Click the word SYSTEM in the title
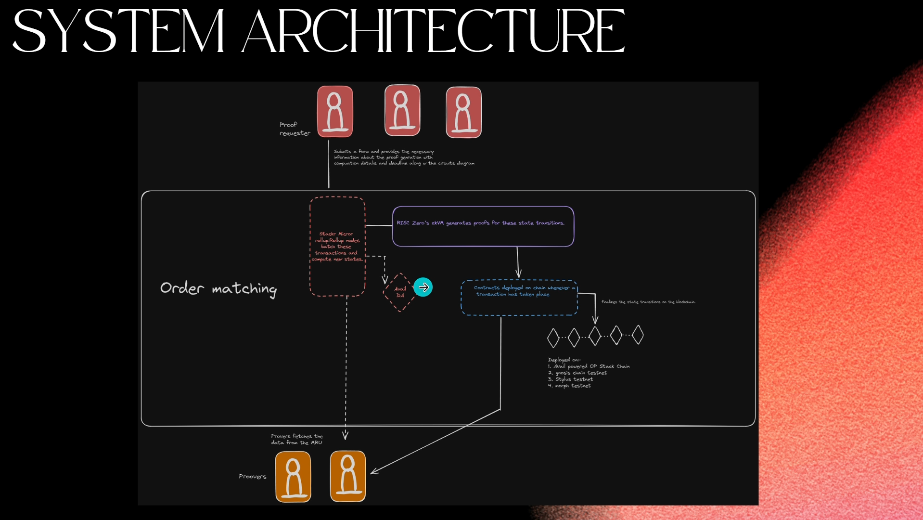click(118, 32)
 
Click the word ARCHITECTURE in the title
click(433, 32)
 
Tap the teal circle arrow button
click(423, 287)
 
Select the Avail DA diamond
click(399, 292)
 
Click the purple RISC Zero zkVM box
click(483, 226)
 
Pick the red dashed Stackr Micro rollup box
click(337, 246)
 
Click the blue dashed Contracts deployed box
click(519, 298)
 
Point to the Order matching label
click(218, 288)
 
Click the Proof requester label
click(294, 129)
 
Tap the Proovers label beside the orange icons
click(252, 477)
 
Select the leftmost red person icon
click(335, 112)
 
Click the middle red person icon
click(402, 110)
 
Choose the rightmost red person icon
click(463, 112)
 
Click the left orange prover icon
click(293, 477)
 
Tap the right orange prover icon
click(348, 476)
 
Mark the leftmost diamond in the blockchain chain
click(553, 338)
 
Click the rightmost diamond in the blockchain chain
click(638, 335)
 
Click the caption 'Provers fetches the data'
click(296, 440)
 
